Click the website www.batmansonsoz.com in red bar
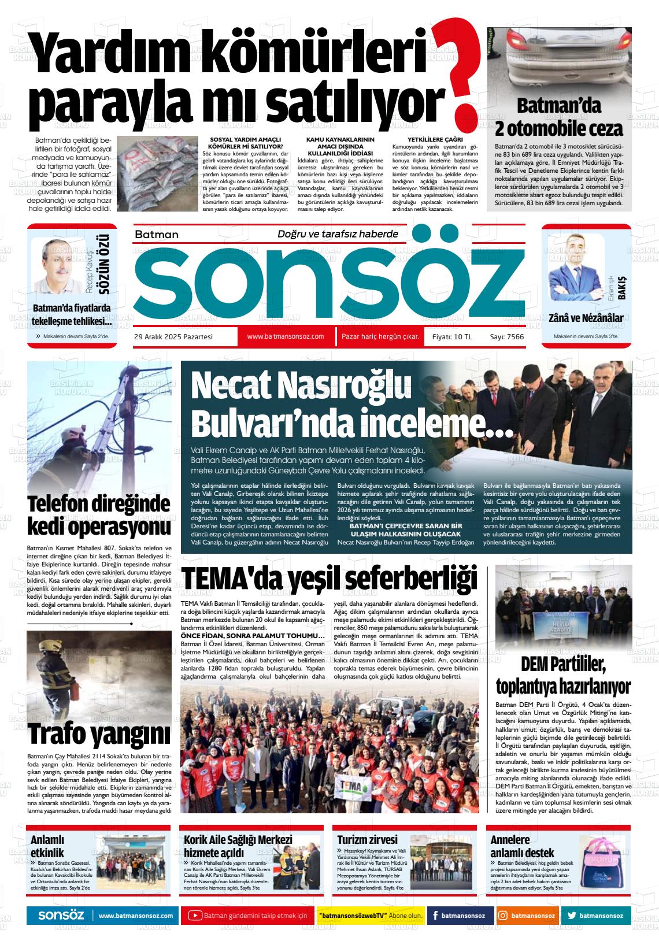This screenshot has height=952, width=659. coord(285,336)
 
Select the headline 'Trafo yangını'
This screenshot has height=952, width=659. coord(99,734)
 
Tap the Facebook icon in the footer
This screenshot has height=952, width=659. coord(435,916)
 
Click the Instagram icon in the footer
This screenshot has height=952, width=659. coord(503,916)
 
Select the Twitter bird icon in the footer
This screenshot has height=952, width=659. coord(572,916)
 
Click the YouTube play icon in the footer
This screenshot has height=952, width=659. coord(195,916)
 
